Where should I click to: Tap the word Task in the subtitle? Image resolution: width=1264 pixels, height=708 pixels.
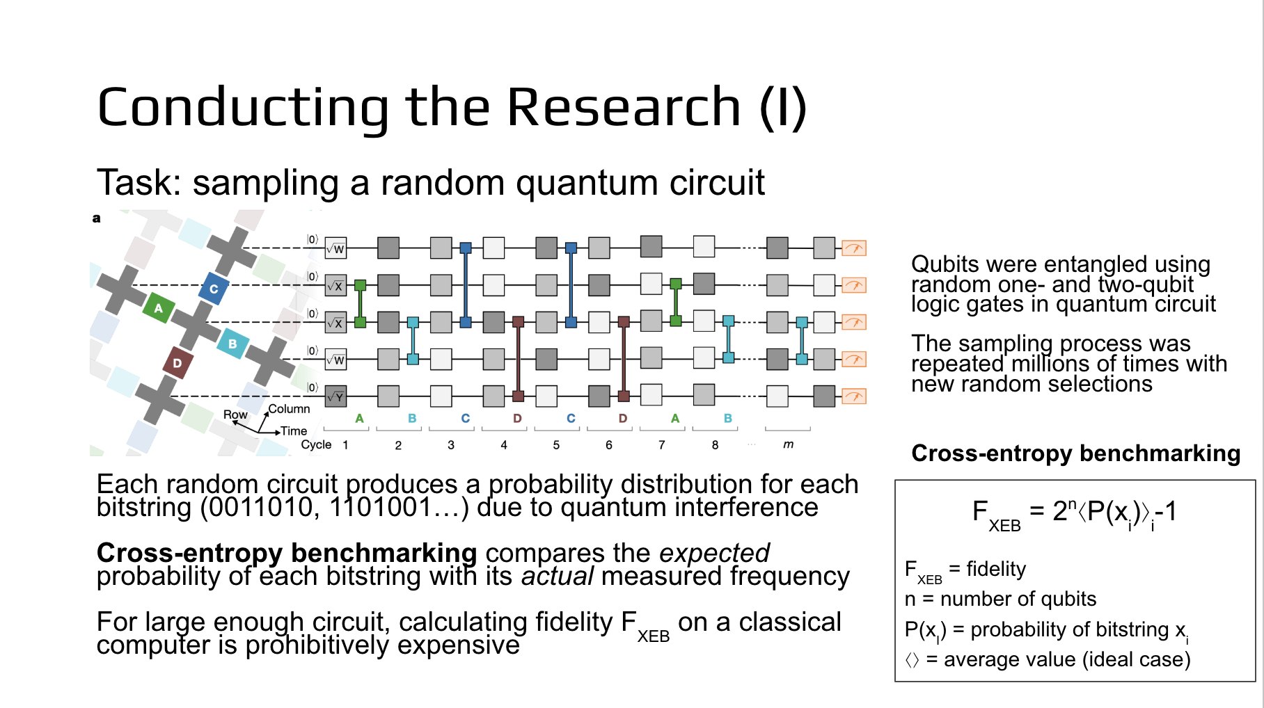pyautogui.click(x=131, y=183)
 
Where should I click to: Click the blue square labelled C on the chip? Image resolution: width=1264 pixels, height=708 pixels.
pyautogui.click(x=214, y=288)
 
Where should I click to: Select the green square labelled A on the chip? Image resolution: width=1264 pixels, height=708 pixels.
pyautogui.click(x=159, y=307)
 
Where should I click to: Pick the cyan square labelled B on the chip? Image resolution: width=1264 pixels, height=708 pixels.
pyautogui.click(x=232, y=344)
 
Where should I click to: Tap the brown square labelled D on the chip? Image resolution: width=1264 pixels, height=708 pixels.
pyautogui.click(x=177, y=363)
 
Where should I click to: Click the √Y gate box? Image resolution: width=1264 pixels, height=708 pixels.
pyautogui.click(x=335, y=396)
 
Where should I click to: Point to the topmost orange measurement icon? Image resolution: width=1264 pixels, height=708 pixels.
pyautogui.click(x=853, y=248)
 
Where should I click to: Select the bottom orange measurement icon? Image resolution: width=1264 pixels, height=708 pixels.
pyautogui.click(x=853, y=396)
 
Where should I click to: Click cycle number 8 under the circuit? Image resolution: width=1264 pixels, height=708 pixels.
pyautogui.click(x=715, y=445)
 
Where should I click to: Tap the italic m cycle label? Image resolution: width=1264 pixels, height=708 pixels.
pyautogui.click(x=788, y=444)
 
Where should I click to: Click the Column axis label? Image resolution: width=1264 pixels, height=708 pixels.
pyautogui.click(x=289, y=409)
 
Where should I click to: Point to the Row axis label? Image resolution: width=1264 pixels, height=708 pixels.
pyautogui.click(x=235, y=415)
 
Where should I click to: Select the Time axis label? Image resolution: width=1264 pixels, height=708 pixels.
pyautogui.click(x=294, y=431)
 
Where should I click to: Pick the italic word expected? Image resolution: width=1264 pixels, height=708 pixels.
pyautogui.click(x=714, y=553)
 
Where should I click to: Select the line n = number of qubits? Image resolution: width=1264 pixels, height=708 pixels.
pyautogui.click(x=1000, y=599)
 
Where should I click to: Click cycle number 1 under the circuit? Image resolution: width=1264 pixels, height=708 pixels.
pyautogui.click(x=345, y=445)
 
